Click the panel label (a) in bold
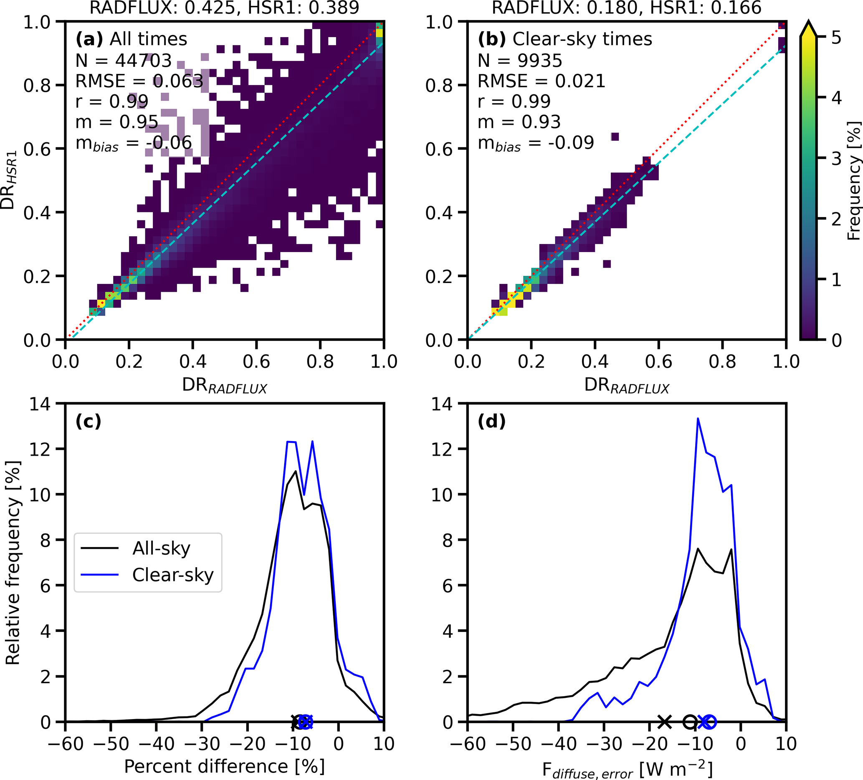click(89, 39)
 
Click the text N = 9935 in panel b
click(520, 61)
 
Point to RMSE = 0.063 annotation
click(139, 81)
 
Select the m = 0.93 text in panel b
click(519, 122)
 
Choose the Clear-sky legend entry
click(172, 575)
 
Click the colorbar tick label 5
click(835, 38)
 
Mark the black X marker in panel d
click(664, 722)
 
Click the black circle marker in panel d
click(690, 722)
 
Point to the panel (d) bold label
click(491, 422)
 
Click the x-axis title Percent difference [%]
click(224, 766)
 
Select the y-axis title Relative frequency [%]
click(13, 563)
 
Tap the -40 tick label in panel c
click(156, 744)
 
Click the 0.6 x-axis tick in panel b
click(658, 362)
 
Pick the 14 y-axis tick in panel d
click(443, 404)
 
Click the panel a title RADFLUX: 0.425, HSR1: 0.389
click(224, 8)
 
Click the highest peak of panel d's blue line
click(698, 419)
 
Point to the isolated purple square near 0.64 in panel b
click(615, 137)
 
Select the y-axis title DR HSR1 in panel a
click(9, 180)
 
